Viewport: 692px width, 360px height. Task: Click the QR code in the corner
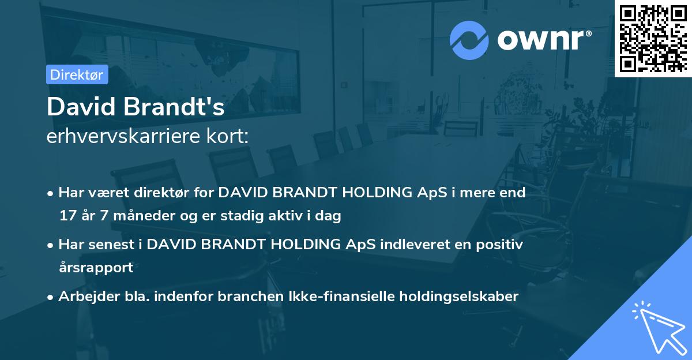click(x=653, y=38)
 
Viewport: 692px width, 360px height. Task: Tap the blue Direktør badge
click(x=77, y=74)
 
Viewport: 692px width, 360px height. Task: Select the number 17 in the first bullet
click(x=67, y=216)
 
